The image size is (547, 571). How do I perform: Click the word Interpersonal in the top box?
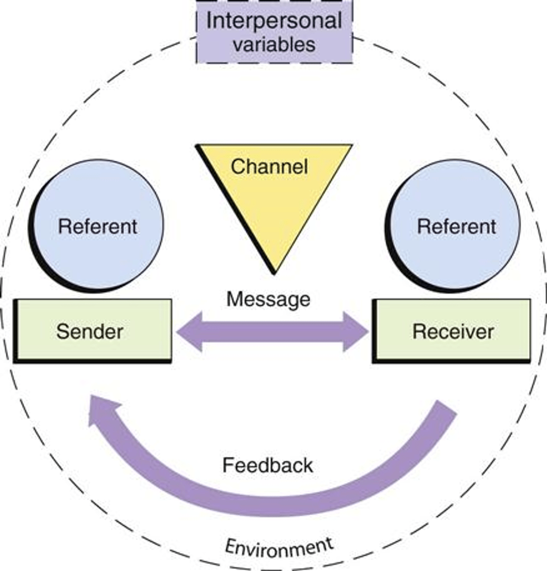274,21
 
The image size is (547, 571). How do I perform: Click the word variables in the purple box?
274,44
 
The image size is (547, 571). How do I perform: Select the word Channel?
269,167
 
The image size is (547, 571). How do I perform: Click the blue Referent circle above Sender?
97,226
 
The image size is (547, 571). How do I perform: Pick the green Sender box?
93,331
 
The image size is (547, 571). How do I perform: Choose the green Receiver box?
452,331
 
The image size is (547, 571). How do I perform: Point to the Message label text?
268,299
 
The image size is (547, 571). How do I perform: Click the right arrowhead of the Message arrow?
357,332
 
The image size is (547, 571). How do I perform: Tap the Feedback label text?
268,465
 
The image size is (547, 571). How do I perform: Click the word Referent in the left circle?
98,226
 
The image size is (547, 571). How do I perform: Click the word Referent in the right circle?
456,226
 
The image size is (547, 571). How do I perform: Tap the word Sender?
89,331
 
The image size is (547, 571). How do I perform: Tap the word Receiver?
453,331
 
